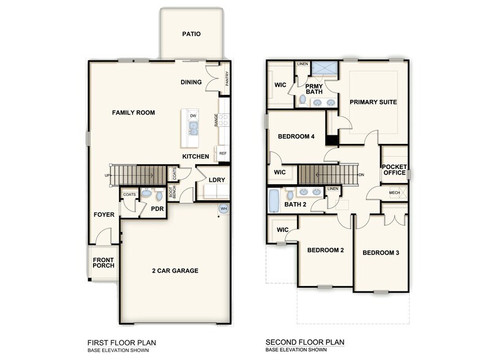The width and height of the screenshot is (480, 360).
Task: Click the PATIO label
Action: point(191,34)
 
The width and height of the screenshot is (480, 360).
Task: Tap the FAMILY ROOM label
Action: point(133,113)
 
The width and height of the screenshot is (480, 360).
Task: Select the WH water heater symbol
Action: point(223,209)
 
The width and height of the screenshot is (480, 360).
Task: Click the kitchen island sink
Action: point(193,128)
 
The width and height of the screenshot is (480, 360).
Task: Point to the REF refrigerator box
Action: point(223,154)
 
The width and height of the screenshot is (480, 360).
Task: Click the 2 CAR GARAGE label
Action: point(174,271)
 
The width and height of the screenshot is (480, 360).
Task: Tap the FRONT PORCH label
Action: point(103,264)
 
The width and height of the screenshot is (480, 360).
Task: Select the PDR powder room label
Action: point(157,208)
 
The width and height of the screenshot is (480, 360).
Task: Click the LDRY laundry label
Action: point(216,180)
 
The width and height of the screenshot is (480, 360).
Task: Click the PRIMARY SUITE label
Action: point(373,102)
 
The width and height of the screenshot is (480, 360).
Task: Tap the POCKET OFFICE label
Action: point(394,169)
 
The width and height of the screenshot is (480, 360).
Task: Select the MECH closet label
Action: point(395,193)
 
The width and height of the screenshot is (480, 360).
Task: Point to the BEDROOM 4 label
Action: point(296,137)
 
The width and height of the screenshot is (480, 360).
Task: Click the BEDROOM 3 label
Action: point(380,253)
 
